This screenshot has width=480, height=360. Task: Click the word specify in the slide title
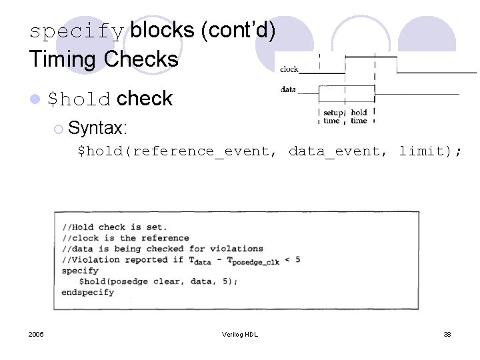click(77, 32)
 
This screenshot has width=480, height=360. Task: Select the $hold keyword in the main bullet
click(79, 99)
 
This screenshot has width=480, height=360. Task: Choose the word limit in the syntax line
click(421, 151)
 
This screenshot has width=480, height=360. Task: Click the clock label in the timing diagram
click(289, 69)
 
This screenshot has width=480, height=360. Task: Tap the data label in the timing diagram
click(288, 89)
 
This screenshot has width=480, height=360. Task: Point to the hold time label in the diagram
click(359, 117)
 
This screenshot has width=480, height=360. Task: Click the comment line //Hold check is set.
click(115, 227)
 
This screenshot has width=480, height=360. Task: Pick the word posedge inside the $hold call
click(129, 281)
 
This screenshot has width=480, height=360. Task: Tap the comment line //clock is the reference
click(125, 238)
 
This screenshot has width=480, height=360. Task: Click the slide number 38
click(447, 334)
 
